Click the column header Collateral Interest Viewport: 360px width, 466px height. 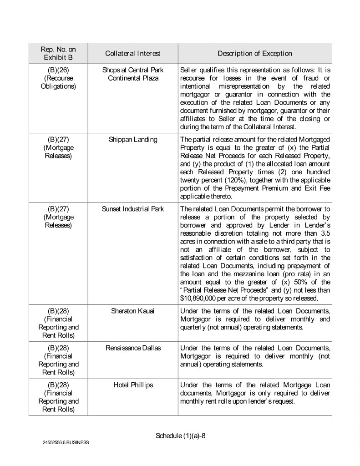point(132,53)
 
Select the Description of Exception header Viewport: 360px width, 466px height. point(254,53)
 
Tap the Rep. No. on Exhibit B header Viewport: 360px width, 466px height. point(58,53)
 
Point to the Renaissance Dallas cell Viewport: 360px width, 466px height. point(132,348)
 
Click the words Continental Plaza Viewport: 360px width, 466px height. point(132,79)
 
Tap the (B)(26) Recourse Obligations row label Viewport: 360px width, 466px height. point(58,79)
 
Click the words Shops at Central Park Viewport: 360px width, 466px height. point(132,71)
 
